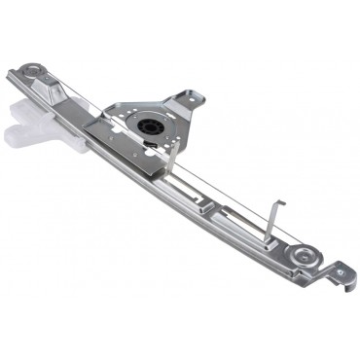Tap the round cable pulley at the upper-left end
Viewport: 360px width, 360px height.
(36, 73)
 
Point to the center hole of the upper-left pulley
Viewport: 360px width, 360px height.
(36, 73)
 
